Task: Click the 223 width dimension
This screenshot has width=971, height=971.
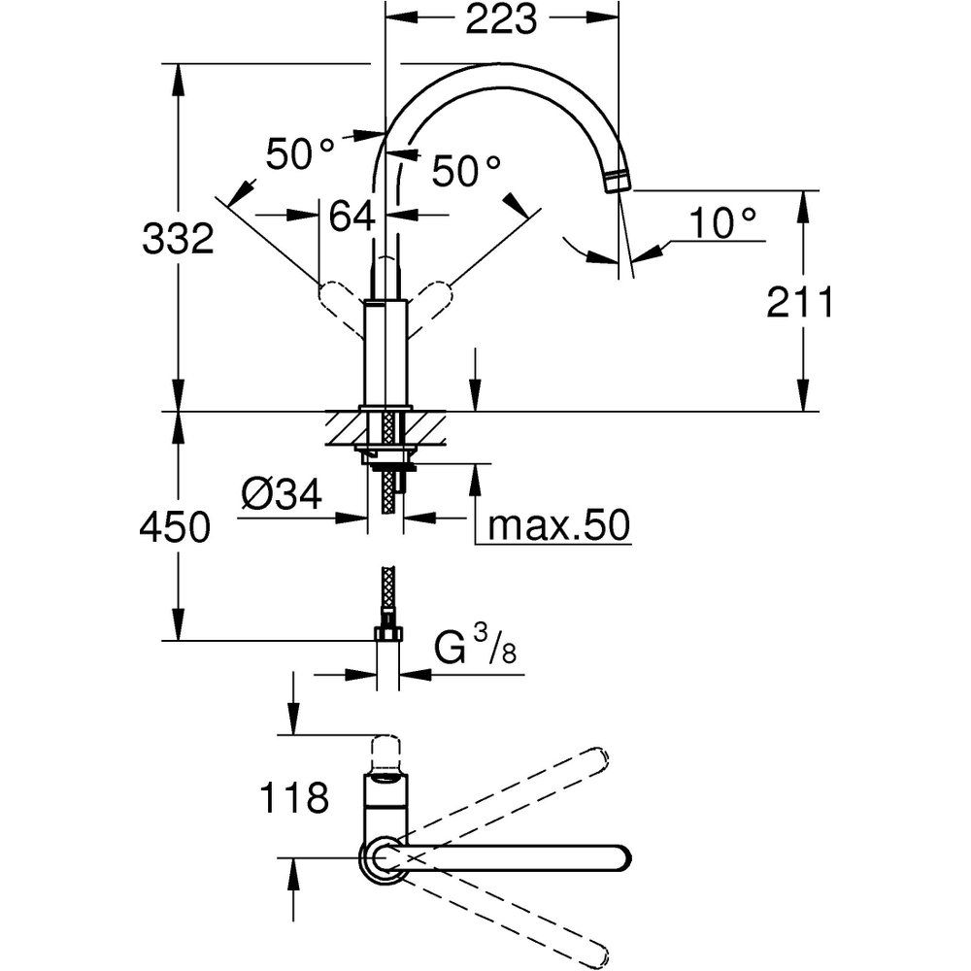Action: click(x=501, y=20)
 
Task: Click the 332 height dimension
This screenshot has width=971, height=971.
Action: click(x=178, y=238)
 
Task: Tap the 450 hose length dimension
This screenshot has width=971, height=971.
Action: click(x=175, y=528)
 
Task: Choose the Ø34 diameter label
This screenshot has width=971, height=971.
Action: click(x=281, y=496)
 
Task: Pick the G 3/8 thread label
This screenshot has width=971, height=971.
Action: click(x=475, y=646)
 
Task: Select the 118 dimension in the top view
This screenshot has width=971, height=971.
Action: click(x=294, y=799)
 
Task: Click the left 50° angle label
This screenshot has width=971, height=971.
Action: click(x=301, y=153)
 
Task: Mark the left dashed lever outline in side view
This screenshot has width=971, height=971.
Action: click(x=338, y=301)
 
